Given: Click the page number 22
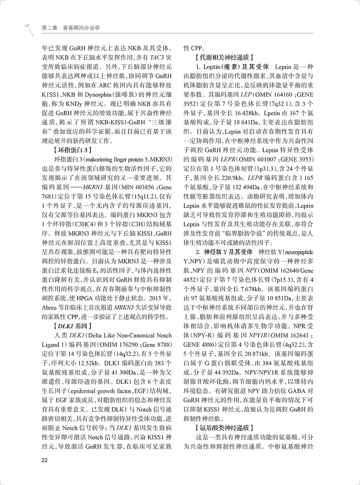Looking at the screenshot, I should click(45, 460).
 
